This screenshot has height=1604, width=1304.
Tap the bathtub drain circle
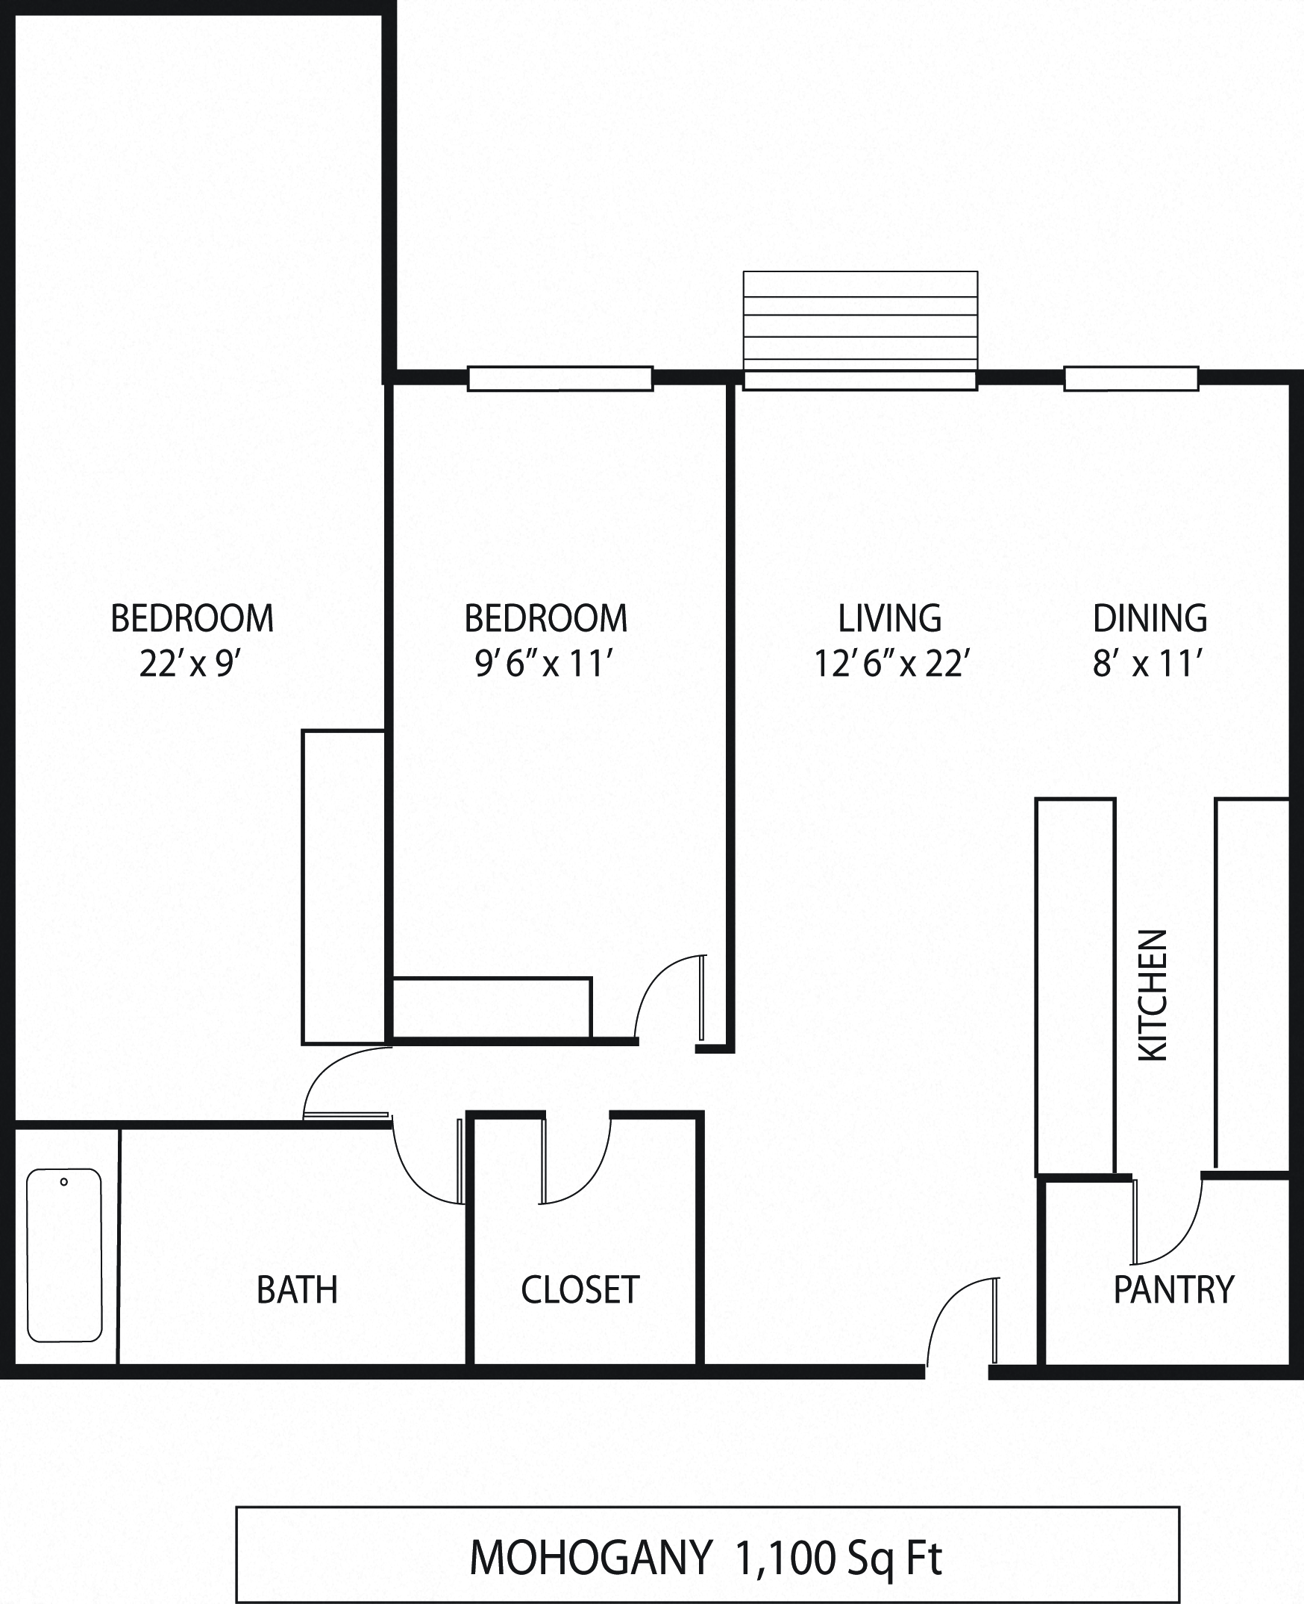[64, 1182]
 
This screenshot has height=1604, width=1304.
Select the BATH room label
[297, 1290]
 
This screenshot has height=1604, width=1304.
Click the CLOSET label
[580, 1290]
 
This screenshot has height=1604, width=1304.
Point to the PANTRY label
[1173, 1290]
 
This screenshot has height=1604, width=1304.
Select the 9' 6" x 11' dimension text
[545, 664]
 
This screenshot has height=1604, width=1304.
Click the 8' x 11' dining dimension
[1149, 664]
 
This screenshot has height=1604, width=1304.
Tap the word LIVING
[890, 618]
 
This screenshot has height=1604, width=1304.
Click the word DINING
[1150, 618]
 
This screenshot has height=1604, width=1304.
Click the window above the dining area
[1130, 379]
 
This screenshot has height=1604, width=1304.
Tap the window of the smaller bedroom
[559, 379]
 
